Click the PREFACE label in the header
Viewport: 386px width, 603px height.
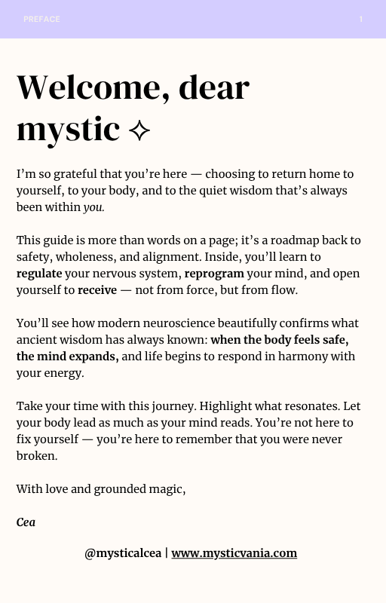pos(41,20)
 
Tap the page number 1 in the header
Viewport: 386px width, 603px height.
pos(361,20)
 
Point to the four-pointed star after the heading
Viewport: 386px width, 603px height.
pos(139,131)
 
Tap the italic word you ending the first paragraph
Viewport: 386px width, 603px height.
pos(93,207)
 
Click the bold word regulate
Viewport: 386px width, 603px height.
pos(39,274)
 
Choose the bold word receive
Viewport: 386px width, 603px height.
pos(96,290)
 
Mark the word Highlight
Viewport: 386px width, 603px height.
pos(206,406)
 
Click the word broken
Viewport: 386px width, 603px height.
pos(35,456)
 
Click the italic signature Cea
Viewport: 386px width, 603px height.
pos(26,522)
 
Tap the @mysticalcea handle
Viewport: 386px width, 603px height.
pos(123,553)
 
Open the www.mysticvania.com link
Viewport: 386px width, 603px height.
pos(234,553)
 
